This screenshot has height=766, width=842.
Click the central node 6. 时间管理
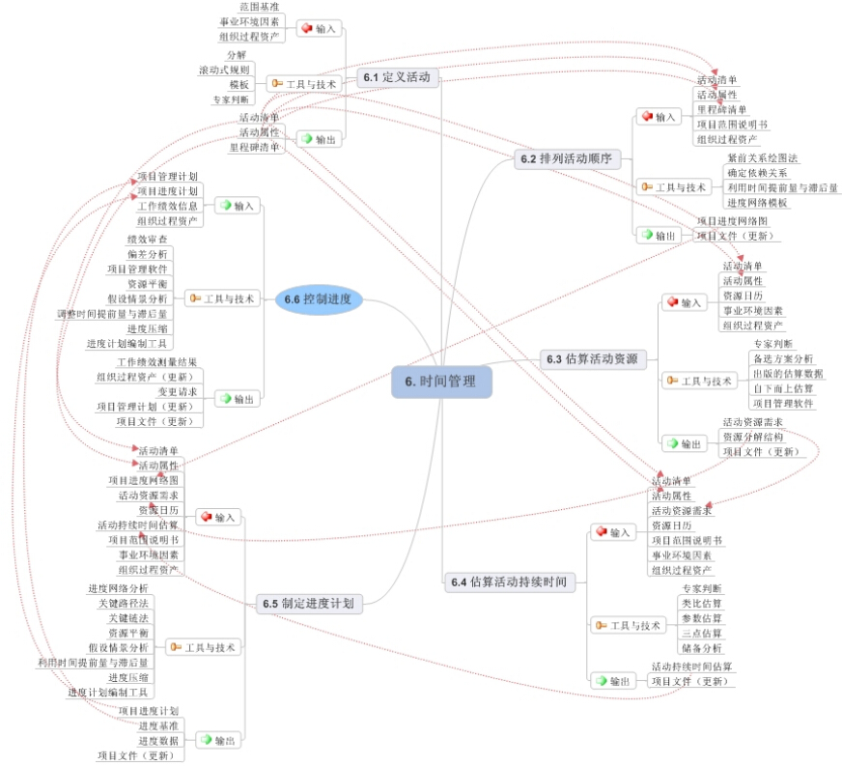[441, 382]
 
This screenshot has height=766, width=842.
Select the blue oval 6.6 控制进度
[319, 299]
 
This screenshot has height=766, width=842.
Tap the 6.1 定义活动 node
[397, 76]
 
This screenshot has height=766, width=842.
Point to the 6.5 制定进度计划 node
[308, 605]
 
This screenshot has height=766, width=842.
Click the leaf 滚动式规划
[225, 70]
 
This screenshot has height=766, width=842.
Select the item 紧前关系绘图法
[762, 158]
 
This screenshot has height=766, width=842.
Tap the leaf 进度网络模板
[757, 203]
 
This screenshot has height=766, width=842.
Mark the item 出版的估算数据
[787, 373]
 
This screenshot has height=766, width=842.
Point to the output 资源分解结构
[753, 437]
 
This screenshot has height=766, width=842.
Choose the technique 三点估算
[701, 634]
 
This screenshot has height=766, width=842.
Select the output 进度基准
[158, 725]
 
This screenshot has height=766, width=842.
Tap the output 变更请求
[178, 391]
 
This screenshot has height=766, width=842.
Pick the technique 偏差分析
[148, 253]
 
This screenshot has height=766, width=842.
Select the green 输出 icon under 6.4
[602, 681]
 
